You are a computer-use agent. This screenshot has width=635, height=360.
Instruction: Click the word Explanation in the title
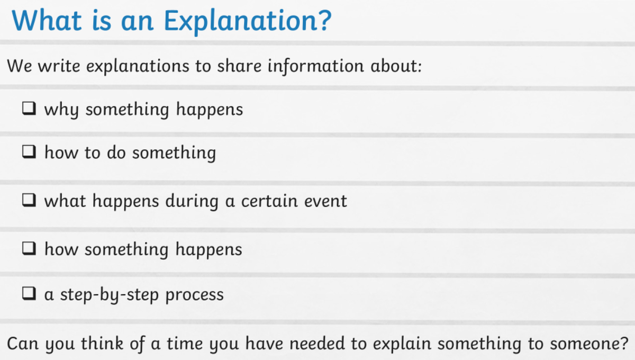(248, 22)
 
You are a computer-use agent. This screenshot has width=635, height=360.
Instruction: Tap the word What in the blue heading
(47, 20)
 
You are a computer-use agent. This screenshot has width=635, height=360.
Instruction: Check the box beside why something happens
(29, 109)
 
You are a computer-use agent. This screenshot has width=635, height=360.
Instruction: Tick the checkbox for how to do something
(29, 152)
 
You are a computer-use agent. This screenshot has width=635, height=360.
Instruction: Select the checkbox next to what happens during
(29, 200)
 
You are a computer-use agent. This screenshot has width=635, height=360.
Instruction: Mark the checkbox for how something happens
(29, 248)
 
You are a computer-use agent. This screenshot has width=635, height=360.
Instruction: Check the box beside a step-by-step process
(29, 293)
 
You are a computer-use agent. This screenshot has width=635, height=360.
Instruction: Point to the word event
(325, 201)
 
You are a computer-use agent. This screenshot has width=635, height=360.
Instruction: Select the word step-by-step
(110, 295)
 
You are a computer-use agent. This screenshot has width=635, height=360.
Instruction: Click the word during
(192, 201)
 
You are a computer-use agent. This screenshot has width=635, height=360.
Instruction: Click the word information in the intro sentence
(315, 66)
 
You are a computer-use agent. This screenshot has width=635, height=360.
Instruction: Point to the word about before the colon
(394, 66)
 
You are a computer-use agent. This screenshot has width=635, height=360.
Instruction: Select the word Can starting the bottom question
(23, 344)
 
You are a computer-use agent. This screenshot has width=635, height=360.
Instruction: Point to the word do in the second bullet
(116, 152)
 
